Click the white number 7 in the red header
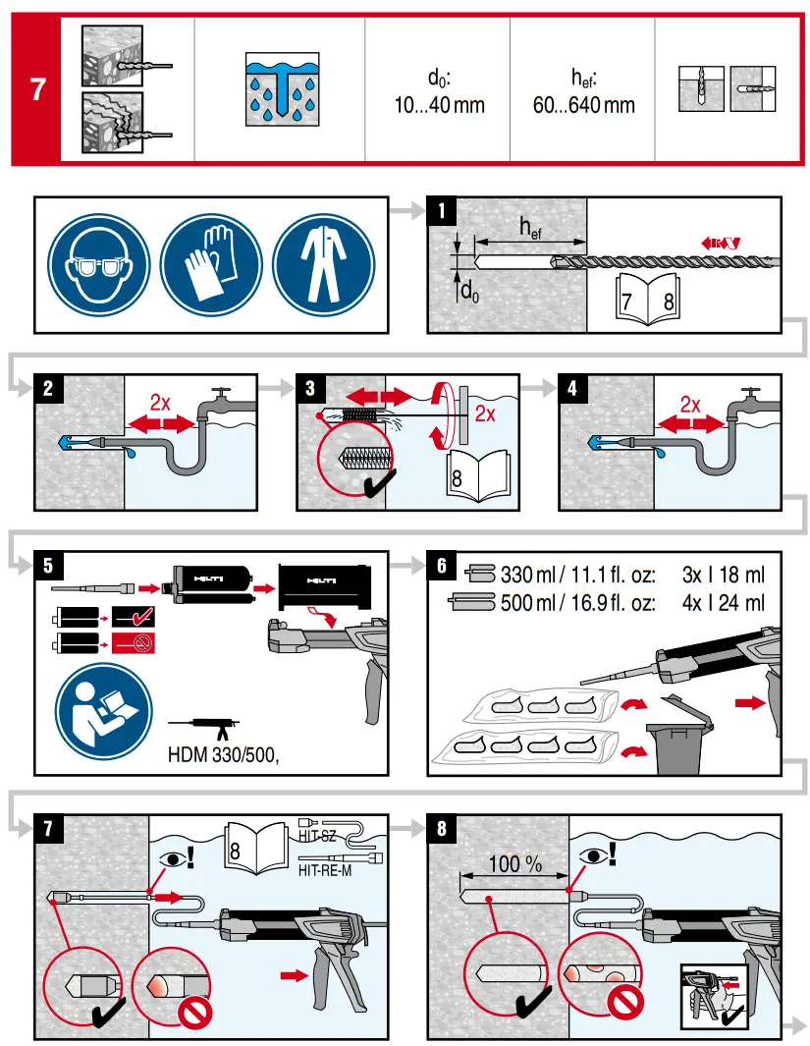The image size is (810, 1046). point(37,89)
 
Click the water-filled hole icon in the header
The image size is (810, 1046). point(280,88)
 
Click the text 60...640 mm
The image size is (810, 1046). point(583,105)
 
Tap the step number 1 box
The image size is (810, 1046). point(443,210)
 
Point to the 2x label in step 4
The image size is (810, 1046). point(691,405)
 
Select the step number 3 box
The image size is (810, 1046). point(311,387)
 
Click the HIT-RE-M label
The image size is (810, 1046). point(324,869)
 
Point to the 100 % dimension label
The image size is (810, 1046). point(515,864)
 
